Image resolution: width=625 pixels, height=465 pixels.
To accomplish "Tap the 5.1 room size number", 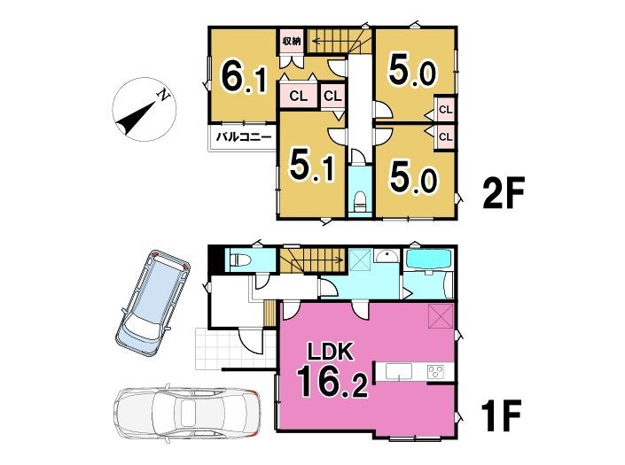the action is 312,165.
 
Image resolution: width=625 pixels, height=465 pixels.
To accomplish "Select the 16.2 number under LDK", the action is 332,382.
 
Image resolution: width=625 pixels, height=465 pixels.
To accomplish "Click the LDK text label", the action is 329,352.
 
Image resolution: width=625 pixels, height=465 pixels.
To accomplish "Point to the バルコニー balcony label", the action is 244,137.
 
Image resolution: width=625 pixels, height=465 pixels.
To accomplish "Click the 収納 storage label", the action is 292,41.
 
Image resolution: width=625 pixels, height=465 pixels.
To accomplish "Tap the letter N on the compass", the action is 163,95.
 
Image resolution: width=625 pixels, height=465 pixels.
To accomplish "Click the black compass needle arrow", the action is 136,117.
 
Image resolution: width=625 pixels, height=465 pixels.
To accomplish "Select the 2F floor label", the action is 503,193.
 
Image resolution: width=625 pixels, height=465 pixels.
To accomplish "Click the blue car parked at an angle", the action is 152,304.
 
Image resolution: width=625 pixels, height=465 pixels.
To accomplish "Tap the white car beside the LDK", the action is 187,414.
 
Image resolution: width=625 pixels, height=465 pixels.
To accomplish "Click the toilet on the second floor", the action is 360,202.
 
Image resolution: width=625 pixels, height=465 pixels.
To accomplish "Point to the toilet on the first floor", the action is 241,260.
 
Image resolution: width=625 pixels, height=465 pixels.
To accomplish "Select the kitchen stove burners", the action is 435,372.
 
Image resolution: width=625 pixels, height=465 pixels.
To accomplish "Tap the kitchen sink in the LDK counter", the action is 399,372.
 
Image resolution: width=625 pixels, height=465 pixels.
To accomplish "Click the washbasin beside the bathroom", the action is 385,256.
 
